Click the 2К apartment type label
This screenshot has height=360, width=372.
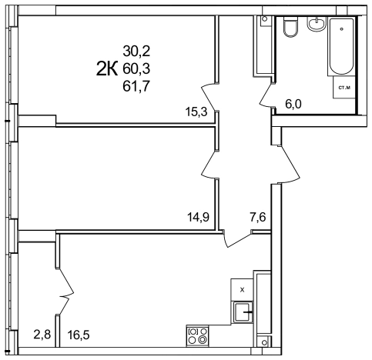tap(107, 68)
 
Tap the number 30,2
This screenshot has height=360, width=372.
tap(136, 51)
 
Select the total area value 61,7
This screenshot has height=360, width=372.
tap(136, 86)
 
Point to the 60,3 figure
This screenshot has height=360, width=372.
tap(136, 68)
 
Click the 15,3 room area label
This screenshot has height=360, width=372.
tap(196, 112)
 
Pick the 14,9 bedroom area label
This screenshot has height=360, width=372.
tap(198, 218)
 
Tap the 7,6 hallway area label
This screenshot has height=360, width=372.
tap(258, 218)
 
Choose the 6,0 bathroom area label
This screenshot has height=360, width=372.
tap(293, 104)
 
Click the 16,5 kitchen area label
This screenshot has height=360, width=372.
tap(79, 335)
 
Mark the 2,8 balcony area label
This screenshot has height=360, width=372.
tap(42, 335)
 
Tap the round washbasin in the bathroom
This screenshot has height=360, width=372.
tap(317, 24)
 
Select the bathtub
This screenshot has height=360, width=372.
tap(341, 46)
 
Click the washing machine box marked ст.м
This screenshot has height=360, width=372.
tap(344, 88)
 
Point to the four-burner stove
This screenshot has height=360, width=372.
tap(197, 336)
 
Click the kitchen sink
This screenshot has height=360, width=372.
tap(242, 312)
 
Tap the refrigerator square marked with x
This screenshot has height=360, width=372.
tap(242, 290)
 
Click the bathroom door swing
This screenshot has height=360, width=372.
tap(267, 95)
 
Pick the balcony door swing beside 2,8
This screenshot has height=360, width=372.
tap(65, 291)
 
